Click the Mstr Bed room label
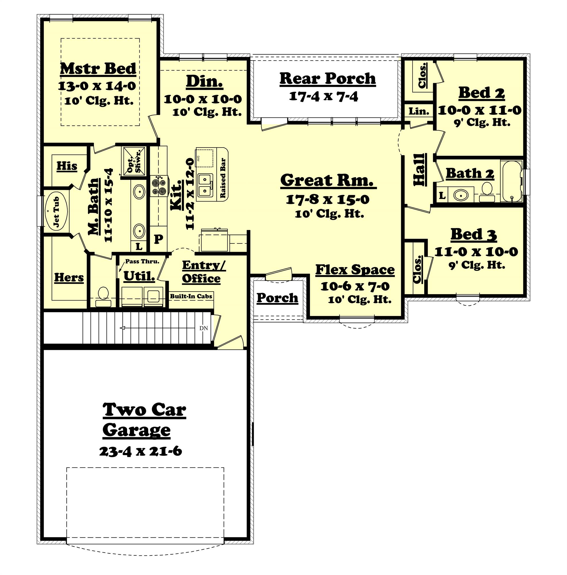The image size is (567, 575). (98, 69)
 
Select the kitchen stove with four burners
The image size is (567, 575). (159, 185)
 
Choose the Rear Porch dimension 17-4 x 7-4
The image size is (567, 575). (323, 96)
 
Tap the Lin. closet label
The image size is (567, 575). (418, 112)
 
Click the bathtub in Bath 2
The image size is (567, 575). (512, 181)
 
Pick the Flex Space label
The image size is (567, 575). (355, 270)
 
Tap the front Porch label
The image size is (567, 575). (277, 298)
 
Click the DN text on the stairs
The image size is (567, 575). (204, 328)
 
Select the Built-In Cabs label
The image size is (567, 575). (191, 296)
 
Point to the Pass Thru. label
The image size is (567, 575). (142, 262)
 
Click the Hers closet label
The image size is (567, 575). (69, 277)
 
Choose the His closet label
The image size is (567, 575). (67, 166)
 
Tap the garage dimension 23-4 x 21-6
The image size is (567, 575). (140, 451)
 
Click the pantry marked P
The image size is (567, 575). (159, 238)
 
